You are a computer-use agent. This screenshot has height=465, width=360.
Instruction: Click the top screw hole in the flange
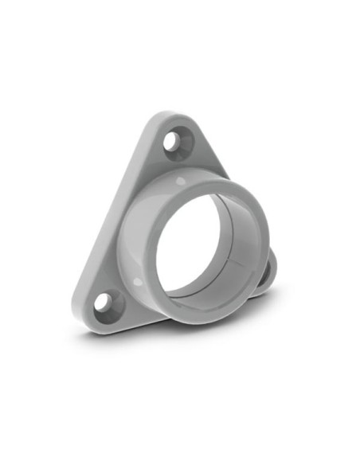click(x=174, y=143)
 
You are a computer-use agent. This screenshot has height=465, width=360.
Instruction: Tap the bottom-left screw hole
click(x=104, y=303)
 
